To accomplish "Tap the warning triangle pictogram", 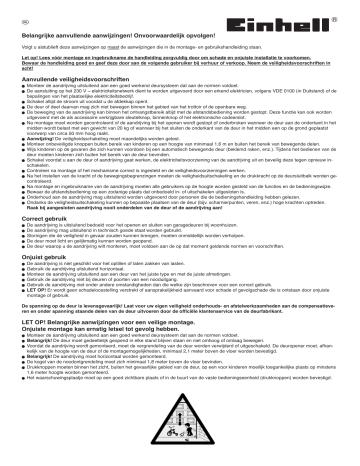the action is coord(180,438).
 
